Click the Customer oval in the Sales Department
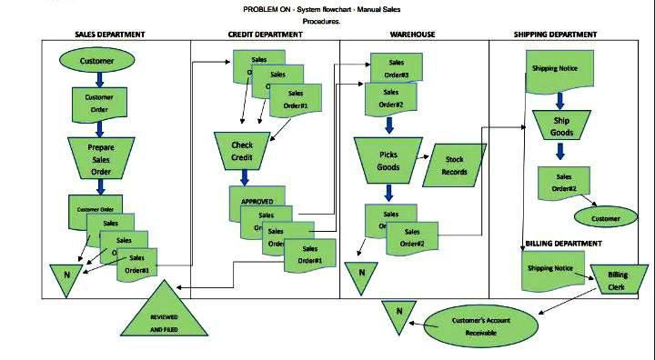tap(96, 61)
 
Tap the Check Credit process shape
tap(242, 151)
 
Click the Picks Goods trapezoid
tap(388, 161)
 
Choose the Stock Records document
tap(454, 165)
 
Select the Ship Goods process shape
tap(561, 126)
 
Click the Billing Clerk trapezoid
tap(617, 281)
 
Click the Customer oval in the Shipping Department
tap(605, 218)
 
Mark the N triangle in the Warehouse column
tap(361, 273)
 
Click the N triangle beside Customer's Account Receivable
tap(398, 315)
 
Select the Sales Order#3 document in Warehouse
tap(394, 68)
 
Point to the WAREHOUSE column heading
tap(412, 35)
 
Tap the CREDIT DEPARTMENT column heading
tap(265, 35)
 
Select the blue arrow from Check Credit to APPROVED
tap(243, 177)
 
